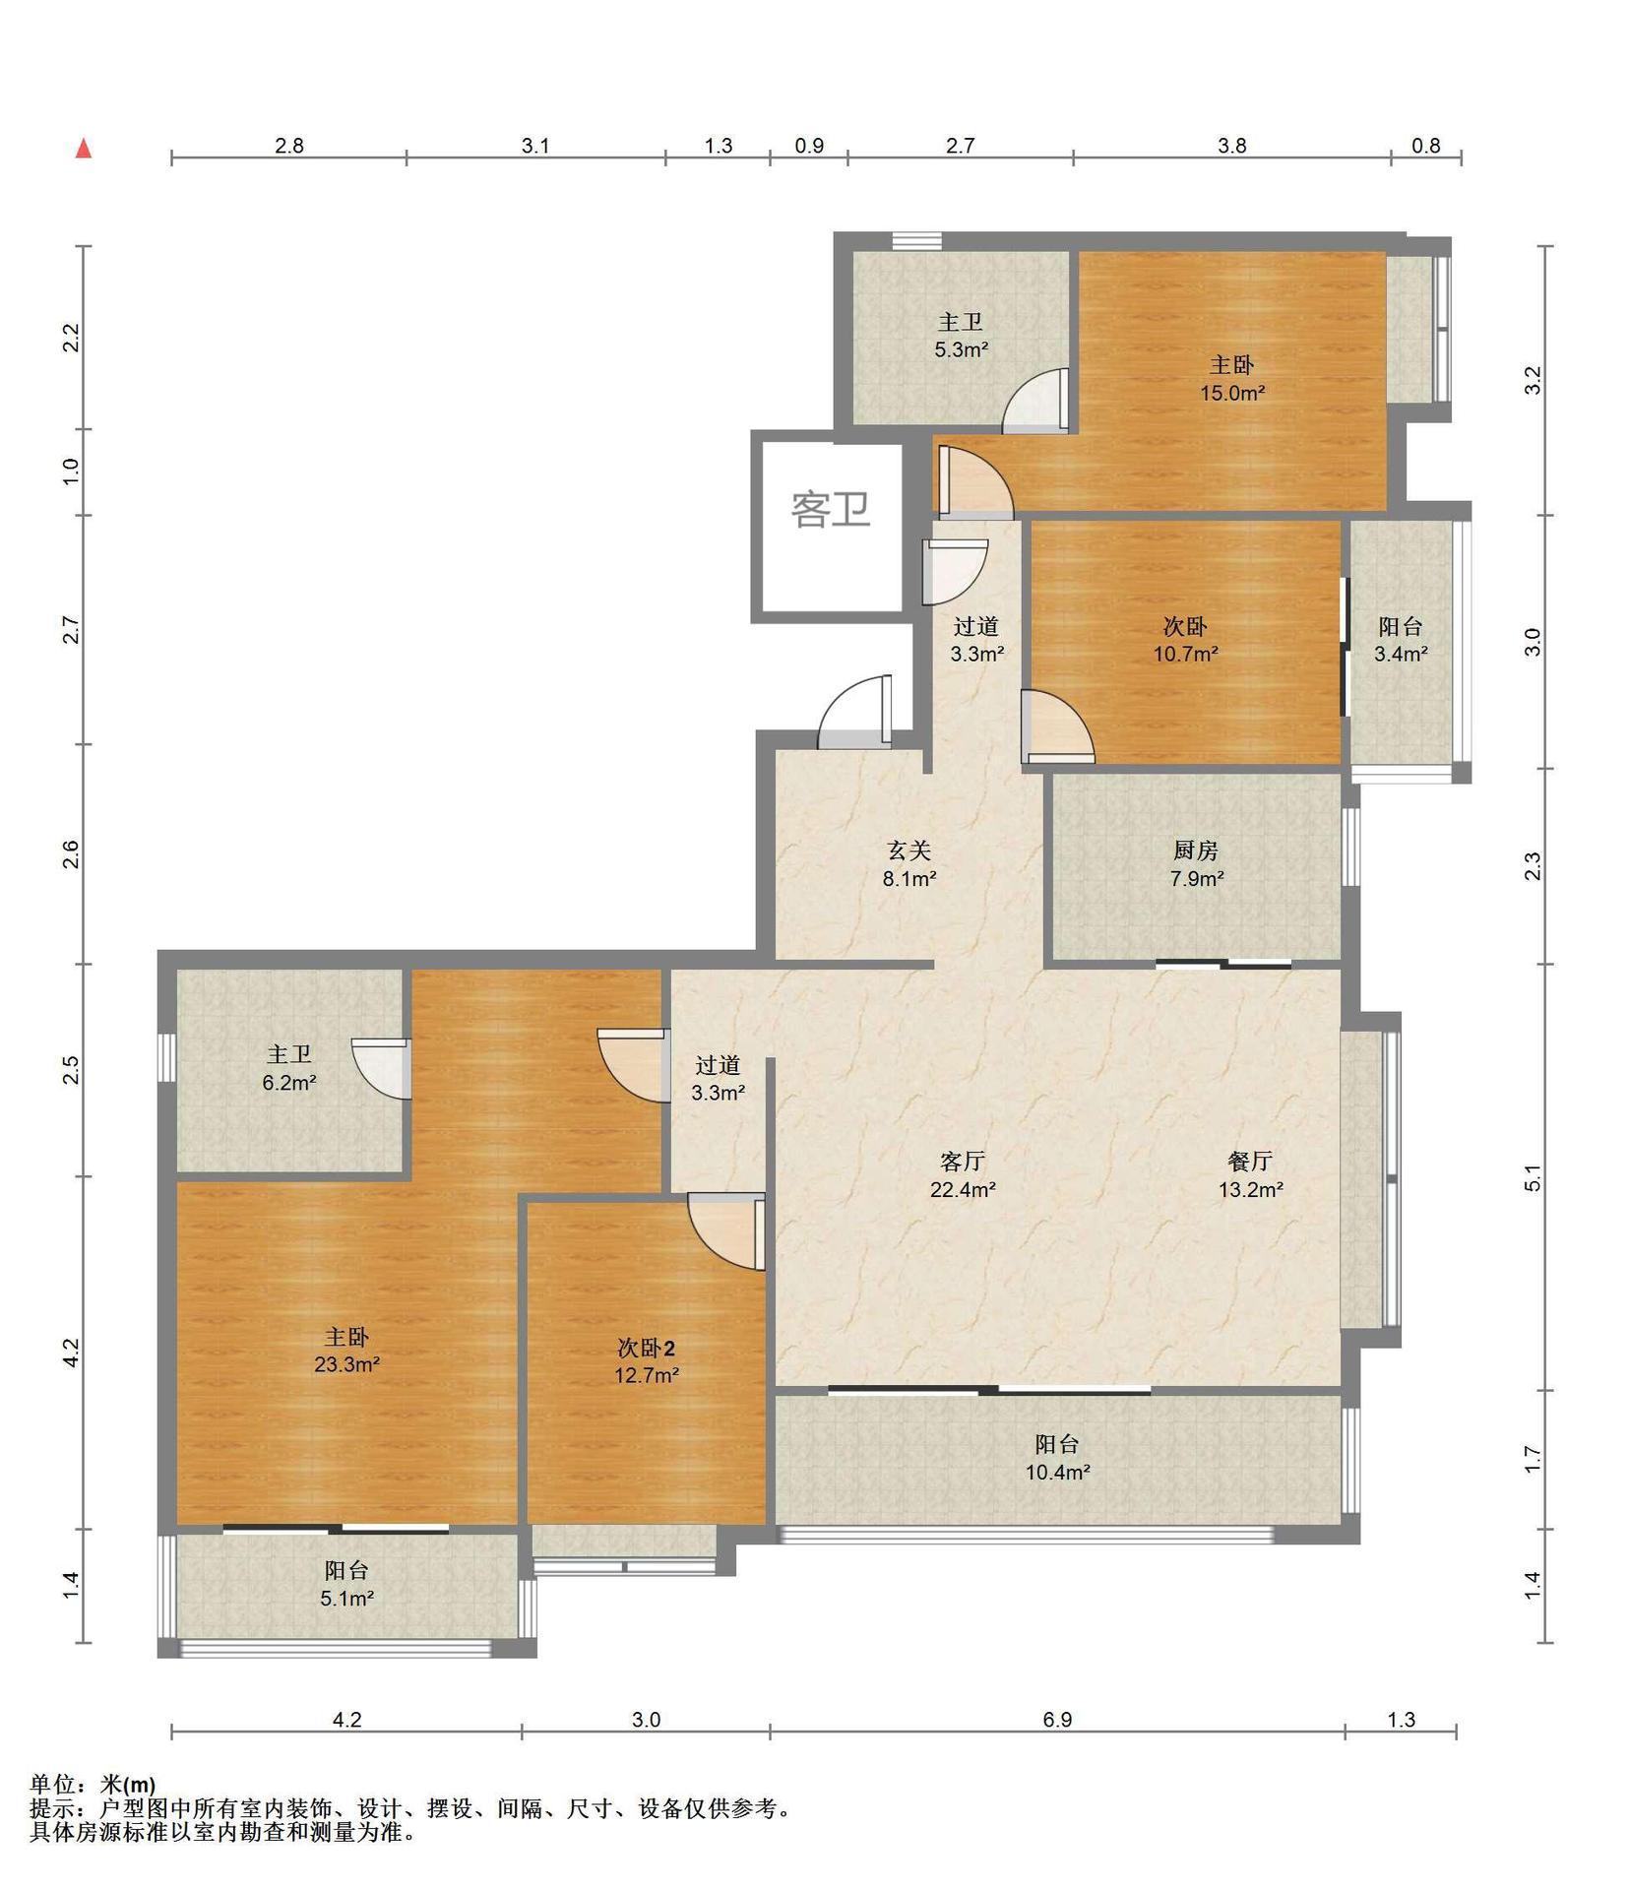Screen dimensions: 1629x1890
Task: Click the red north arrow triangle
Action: [x=85, y=149]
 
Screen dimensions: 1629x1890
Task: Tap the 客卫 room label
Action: [x=831, y=509]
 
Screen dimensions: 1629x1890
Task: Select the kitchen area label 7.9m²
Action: [x=1197, y=878]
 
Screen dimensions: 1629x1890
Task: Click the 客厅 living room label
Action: [x=963, y=1162]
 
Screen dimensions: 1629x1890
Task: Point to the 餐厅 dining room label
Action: [x=1250, y=1162]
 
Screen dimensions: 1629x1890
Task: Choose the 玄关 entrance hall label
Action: [x=908, y=850]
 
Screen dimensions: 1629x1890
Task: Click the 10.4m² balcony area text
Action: [x=1057, y=1473]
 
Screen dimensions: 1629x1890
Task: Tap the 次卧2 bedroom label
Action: [x=646, y=1348]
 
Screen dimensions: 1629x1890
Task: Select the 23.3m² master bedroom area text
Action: [x=346, y=1364]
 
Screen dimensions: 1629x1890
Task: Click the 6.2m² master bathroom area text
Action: [x=289, y=1083]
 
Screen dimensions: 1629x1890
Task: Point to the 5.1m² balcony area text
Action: [x=346, y=1599]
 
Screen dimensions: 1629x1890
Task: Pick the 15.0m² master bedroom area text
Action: [x=1231, y=393]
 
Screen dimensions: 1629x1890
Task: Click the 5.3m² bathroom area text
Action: [x=961, y=348]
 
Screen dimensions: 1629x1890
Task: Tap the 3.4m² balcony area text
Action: [x=1401, y=653]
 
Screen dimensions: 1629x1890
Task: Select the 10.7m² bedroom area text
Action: [x=1186, y=653]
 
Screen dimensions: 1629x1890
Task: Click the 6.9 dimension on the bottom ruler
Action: [x=1057, y=1720]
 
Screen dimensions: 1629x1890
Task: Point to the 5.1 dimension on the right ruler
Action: [x=1533, y=1177]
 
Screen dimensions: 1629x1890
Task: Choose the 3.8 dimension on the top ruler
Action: [x=1231, y=146]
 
